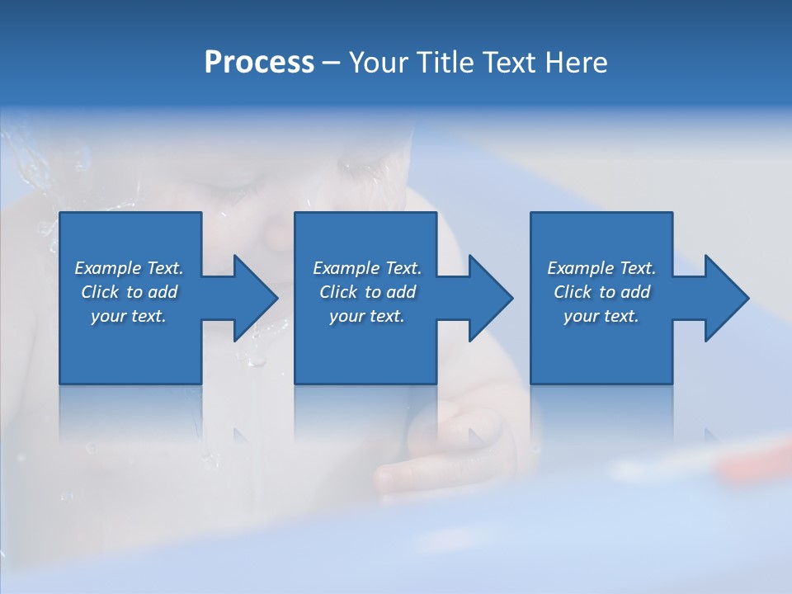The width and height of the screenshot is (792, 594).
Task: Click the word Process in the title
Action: [x=259, y=63]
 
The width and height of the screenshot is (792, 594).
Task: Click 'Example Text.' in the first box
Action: [x=129, y=268]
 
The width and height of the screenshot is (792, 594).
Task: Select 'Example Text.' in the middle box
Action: [x=366, y=268]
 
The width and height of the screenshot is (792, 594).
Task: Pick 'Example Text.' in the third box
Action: [x=601, y=268]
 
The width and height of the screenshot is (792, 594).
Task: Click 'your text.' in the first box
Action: [x=129, y=316]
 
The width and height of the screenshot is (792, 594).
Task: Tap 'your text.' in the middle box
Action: [x=366, y=316]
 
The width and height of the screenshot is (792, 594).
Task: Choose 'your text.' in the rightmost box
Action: [x=601, y=316]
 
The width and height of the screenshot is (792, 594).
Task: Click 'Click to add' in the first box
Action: [x=129, y=292]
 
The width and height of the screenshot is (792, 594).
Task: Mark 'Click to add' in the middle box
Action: [x=366, y=292]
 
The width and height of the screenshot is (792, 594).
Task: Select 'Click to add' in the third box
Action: [x=601, y=292]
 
